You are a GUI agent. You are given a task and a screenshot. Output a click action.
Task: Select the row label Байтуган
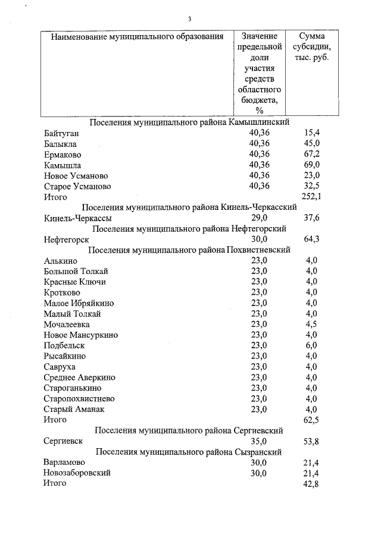pyautogui.click(x=61, y=133)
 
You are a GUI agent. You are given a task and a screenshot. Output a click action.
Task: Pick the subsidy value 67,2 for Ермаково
pyautogui.click(x=311, y=154)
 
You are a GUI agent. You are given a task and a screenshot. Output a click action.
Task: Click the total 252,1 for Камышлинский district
pyautogui.click(x=311, y=197)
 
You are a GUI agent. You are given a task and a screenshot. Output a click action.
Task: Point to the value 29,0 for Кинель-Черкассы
pyautogui.click(x=259, y=218)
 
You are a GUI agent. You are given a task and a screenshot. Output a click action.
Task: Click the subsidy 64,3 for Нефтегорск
pyautogui.click(x=311, y=240)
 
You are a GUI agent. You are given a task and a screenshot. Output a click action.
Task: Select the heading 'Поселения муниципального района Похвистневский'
pyautogui.click(x=189, y=250)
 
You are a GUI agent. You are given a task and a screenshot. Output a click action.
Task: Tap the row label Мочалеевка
pyautogui.click(x=67, y=324)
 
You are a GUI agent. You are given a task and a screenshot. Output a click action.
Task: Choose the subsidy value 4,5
pyautogui.click(x=311, y=324)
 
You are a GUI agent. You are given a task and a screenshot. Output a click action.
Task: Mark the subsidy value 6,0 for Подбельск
pyautogui.click(x=311, y=345)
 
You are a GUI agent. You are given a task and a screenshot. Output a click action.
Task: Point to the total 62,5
pyautogui.click(x=311, y=420)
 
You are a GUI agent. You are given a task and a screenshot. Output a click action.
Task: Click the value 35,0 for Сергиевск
pyautogui.click(x=259, y=442)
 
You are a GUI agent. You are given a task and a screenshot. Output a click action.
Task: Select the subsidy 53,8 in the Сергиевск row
pyautogui.click(x=311, y=442)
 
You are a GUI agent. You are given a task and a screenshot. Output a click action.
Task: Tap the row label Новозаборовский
pyautogui.click(x=77, y=473)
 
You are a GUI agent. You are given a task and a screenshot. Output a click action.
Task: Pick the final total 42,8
pyautogui.click(x=311, y=484)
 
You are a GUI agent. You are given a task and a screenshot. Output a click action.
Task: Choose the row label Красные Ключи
pyautogui.click(x=75, y=281)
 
